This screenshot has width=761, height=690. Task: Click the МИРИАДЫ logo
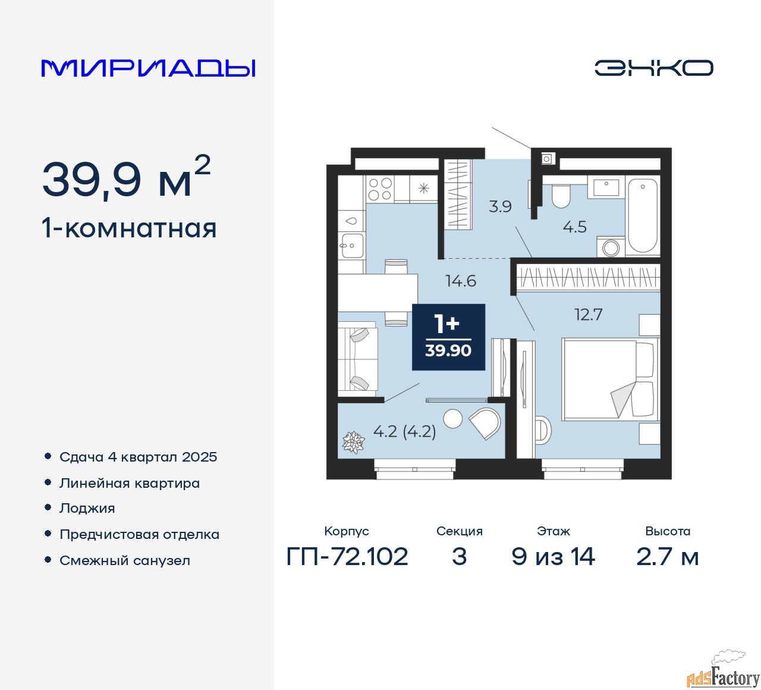coord(148,68)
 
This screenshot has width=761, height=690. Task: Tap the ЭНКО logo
coord(653,68)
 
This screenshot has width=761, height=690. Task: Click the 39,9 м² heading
coord(126,178)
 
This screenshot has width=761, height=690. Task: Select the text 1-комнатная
coord(129,228)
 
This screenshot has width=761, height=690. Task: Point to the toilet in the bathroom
coord(561,195)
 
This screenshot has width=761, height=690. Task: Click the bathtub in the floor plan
coord(643,215)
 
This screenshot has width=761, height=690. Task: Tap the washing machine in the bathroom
coord(611,247)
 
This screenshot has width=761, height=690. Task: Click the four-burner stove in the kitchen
coord(380,189)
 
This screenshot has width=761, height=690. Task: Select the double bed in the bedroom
coord(610,379)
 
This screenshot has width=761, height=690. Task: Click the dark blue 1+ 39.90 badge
coord(448,337)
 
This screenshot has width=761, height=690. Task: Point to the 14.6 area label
coord(461,281)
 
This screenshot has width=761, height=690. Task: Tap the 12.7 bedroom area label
coord(588,314)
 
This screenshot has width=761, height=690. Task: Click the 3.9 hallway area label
coord(500,206)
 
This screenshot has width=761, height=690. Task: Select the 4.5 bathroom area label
coord(574,227)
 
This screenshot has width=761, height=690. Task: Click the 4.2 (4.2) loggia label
coord(404,431)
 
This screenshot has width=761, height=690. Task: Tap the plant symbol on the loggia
coord(353,442)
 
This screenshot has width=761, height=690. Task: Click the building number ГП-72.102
coord(347,557)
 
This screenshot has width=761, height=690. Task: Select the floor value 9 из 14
coord(553,557)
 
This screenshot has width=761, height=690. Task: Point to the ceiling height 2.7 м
coord(667,557)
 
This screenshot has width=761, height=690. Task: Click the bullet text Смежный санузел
coord(125,560)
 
